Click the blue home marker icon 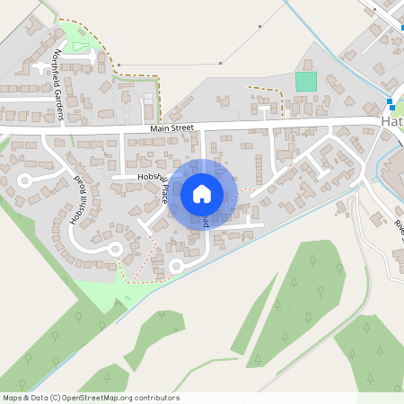201,193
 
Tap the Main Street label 171,129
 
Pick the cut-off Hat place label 392,121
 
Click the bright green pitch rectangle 306,81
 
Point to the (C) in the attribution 56,398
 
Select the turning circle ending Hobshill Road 115,250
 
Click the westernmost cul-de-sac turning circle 24,180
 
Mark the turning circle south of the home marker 176,265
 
